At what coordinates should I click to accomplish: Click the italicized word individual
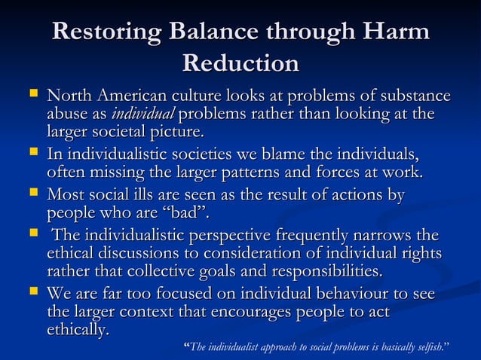142,114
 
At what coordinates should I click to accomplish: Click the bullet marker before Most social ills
31,196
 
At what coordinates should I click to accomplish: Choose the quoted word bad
183,214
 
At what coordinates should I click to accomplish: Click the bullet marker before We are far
31,293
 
